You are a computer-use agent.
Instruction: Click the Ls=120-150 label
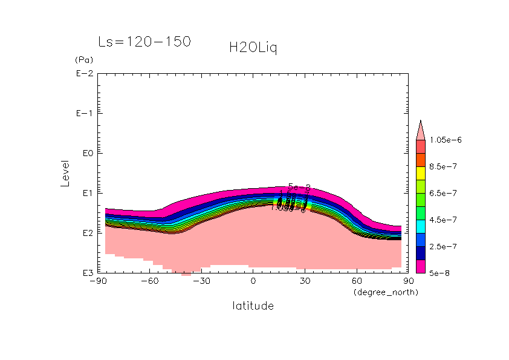click(x=144, y=42)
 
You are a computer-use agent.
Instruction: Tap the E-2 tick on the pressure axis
click(x=83, y=74)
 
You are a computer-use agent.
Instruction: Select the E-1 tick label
click(x=83, y=114)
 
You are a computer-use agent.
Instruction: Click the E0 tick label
click(x=85, y=153)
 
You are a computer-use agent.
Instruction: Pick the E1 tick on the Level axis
click(x=85, y=193)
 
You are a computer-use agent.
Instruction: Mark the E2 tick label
click(x=85, y=233)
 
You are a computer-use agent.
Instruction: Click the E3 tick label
click(x=85, y=273)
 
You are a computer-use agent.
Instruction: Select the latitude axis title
click(x=253, y=306)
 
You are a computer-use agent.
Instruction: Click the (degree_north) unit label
click(x=385, y=292)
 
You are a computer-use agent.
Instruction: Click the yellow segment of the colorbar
click(x=421, y=172)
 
